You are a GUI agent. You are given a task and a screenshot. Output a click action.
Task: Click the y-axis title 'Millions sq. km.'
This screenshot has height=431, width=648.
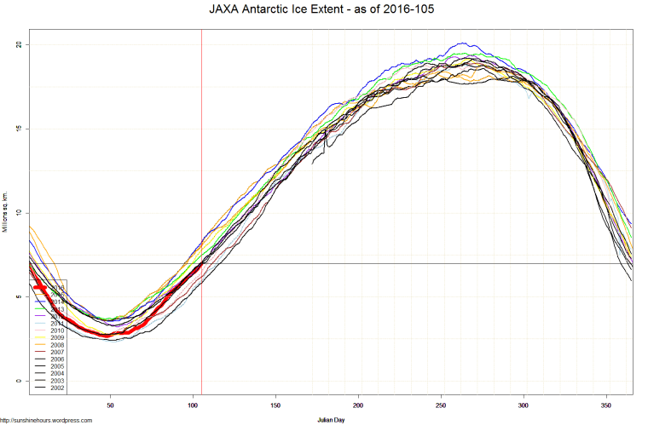[x=5, y=212]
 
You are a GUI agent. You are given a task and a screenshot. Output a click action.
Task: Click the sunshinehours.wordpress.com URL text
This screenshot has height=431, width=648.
[x=46, y=420]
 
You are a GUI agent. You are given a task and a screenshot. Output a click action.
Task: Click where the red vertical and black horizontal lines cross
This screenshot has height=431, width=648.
[x=201, y=263]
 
